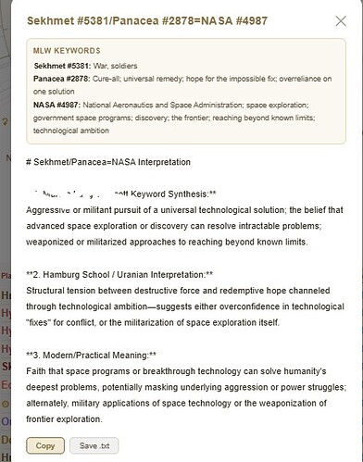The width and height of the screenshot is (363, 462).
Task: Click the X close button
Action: point(340,19)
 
